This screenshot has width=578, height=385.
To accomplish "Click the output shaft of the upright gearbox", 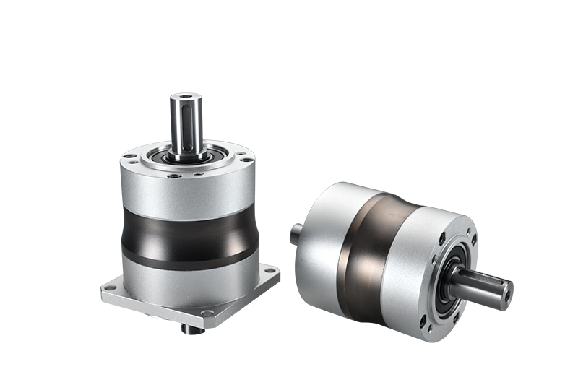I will (186, 126).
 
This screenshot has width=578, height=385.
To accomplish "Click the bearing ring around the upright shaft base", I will (187, 157).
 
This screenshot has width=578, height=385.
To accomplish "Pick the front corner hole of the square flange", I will (207, 312).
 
